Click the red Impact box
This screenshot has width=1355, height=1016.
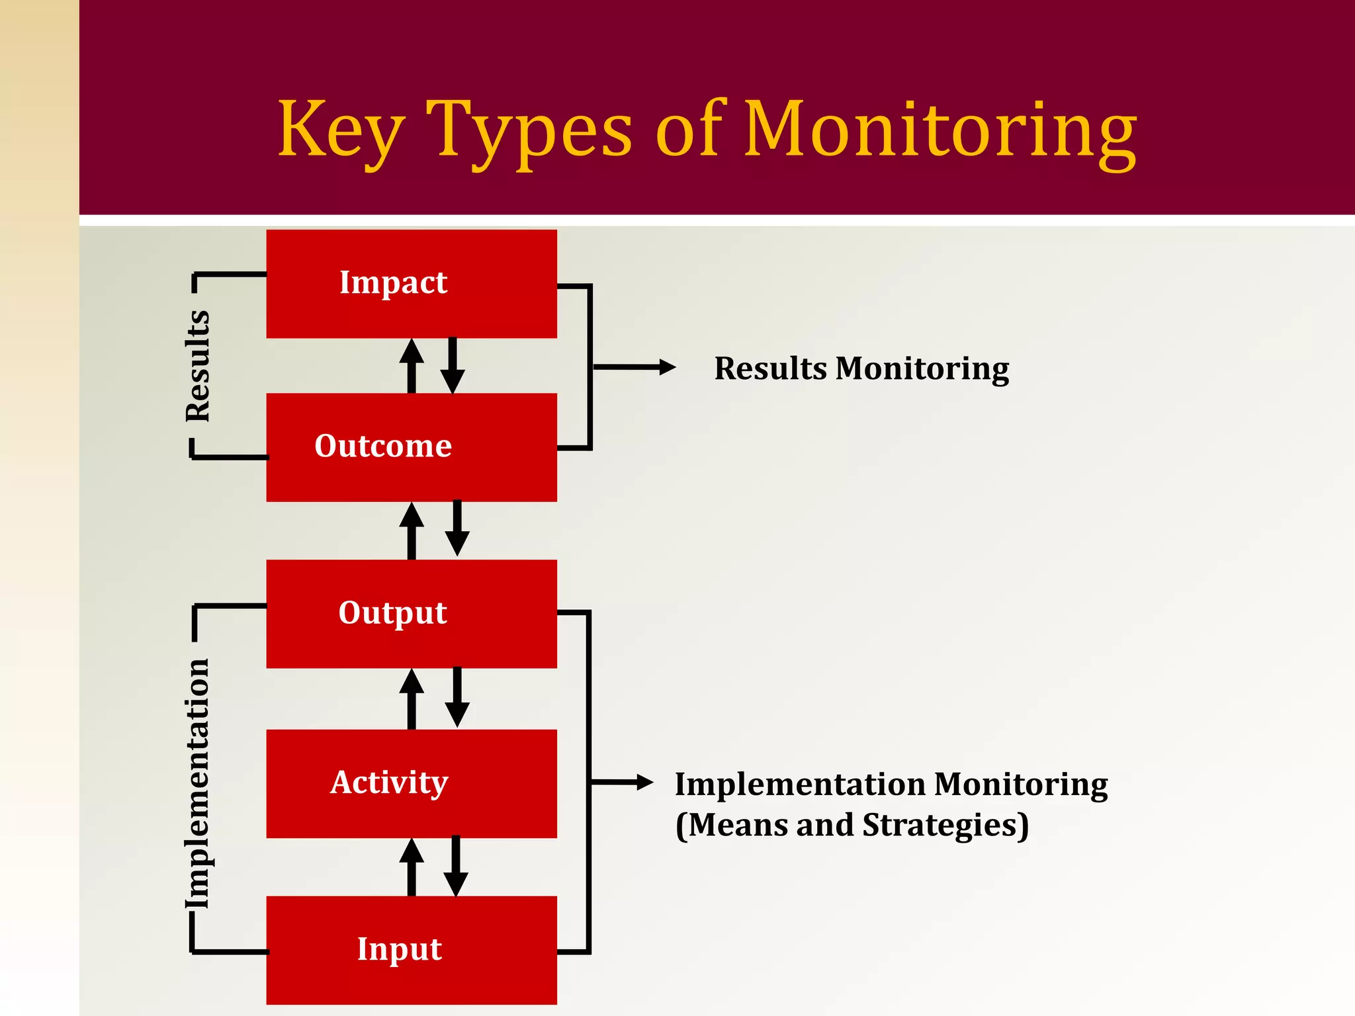[411, 284]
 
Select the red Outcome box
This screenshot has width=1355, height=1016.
[411, 447]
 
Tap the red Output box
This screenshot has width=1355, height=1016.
[411, 613]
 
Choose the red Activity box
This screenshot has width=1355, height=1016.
[411, 783]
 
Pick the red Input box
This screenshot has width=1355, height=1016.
[411, 950]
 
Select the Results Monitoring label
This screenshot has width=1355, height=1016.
[861, 368]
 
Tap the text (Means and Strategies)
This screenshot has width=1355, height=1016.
[852, 825]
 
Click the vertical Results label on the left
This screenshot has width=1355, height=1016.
[198, 366]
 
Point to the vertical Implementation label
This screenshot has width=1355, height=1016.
[198, 783]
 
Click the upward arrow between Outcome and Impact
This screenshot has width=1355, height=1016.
[412, 365]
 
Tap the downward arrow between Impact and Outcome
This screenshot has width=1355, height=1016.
[453, 365]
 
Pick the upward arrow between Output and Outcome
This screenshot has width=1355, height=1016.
[412, 530]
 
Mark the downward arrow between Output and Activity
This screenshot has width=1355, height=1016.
[457, 698]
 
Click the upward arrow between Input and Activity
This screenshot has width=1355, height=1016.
[412, 867]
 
